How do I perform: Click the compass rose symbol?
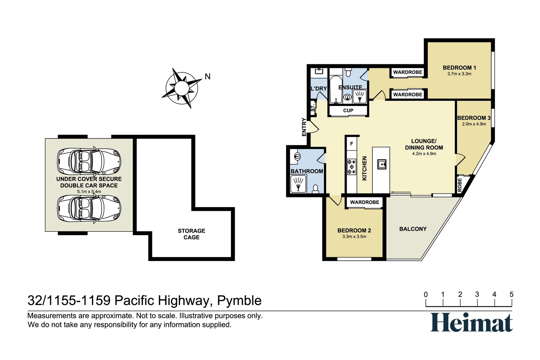click(x=182, y=88)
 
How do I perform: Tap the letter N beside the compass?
click(x=208, y=77)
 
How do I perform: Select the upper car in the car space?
click(x=89, y=161)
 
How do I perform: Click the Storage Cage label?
click(x=191, y=234)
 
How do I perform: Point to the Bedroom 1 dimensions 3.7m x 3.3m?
click(x=459, y=74)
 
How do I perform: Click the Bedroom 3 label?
click(x=473, y=118)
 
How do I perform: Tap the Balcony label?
click(x=413, y=229)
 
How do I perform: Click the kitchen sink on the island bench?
click(x=382, y=164)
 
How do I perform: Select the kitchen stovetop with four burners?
click(x=351, y=167)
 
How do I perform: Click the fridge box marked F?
click(x=351, y=144)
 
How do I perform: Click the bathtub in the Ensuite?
click(x=336, y=89)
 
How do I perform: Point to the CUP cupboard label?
click(x=348, y=111)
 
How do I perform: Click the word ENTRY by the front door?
click(x=304, y=127)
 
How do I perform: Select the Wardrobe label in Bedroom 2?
click(x=364, y=202)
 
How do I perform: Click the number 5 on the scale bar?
click(x=511, y=295)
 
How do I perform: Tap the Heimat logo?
click(x=471, y=322)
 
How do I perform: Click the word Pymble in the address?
click(x=239, y=301)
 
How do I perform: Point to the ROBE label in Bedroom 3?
click(x=460, y=185)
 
